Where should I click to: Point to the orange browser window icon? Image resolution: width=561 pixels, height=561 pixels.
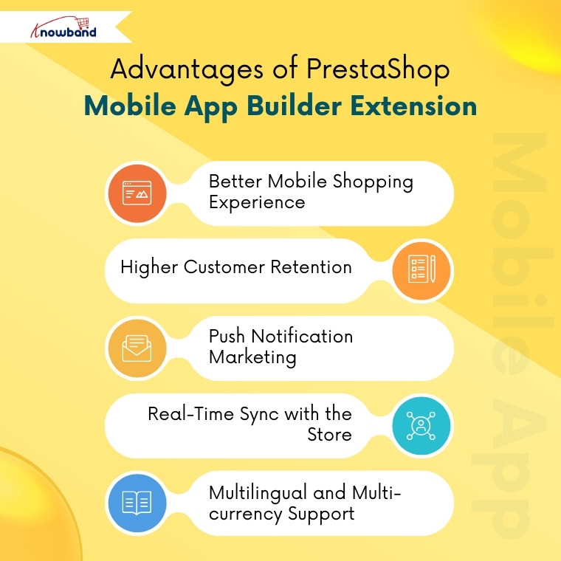pyautogui.click(x=136, y=193)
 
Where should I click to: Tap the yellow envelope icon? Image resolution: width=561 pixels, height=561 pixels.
pyautogui.click(x=136, y=348)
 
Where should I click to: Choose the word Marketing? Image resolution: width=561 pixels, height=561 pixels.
pyautogui.click(x=252, y=357)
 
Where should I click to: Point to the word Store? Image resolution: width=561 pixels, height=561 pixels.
pyautogui.click(x=329, y=434)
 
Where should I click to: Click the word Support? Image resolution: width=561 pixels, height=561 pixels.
pyautogui.click(x=321, y=513)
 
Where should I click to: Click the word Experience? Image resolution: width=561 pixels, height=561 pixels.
pyautogui.click(x=257, y=202)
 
